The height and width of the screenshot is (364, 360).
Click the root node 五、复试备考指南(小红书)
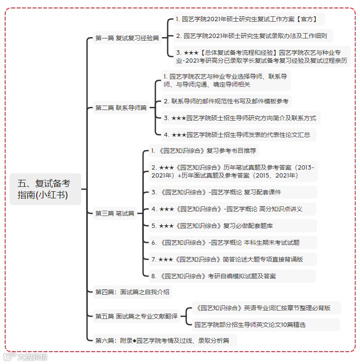[x=45, y=189]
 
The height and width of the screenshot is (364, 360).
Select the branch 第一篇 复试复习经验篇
[x=127, y=38]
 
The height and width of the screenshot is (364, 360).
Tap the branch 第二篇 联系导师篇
[x=121, y=107]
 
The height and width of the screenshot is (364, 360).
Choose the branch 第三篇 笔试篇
[x=115, y=213]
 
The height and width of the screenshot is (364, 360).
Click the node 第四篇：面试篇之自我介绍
[x=132, y=292]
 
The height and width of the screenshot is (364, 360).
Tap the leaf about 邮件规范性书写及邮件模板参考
[x=225, y=101]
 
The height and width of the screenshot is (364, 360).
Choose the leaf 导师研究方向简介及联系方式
[x=240, y=118]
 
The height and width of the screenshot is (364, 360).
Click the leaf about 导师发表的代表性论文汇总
[x=236, y=135]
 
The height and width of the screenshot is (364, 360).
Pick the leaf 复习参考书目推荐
[x=203, y=151]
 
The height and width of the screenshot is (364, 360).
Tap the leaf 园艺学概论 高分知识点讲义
[x=227, y=209]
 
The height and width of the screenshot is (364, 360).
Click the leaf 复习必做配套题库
[x=212, y=226]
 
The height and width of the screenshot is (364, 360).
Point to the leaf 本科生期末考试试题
[x=225, y=243]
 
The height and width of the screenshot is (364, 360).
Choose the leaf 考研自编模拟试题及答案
[x=214, y=276]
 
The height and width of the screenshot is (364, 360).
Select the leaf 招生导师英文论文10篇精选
[x=250, y=325]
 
